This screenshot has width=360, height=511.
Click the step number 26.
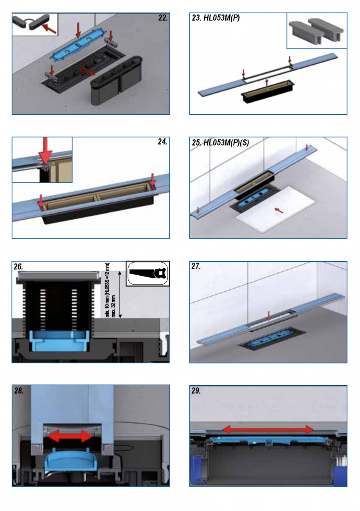(18, 267)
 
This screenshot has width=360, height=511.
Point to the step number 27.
(196, 267)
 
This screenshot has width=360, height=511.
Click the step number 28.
(19, 391)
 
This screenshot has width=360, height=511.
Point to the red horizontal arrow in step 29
(268, 430)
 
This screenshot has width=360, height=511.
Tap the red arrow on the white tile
(279, 210)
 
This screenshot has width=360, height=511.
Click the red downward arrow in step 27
(268, 316)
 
